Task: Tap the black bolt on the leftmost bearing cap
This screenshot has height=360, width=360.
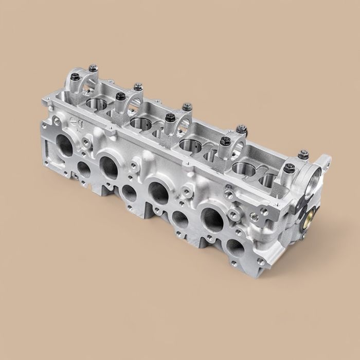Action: click(x=75, y=77)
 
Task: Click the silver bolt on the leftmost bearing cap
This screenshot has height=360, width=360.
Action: click(x=93, y=68)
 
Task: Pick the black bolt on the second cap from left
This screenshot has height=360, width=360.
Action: click(x=120, y=96)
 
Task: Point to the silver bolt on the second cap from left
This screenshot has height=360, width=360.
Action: click(x=138, y=87)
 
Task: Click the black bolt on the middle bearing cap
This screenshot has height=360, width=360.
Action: click(x=170, y=118)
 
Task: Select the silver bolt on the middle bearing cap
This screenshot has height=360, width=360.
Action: click(x=187, y=107)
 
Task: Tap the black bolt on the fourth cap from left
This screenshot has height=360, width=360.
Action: click(x=224, y=140)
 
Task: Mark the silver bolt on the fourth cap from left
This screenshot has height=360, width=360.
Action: click(x=241, y=129)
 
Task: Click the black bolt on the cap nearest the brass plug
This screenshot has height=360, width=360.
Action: click(x=289, y=168)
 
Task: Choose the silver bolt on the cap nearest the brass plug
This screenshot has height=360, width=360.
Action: click(x=304, y=154)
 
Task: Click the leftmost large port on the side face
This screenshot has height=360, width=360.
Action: click(x=65, y=146)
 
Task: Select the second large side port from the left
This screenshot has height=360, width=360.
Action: click(x=109, y=167)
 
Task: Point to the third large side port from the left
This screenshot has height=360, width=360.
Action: click(x=158, y=192)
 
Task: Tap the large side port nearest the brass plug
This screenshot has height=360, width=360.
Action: click(x=212, y=219)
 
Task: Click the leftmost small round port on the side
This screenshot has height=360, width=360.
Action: click(x=84, y=170)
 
